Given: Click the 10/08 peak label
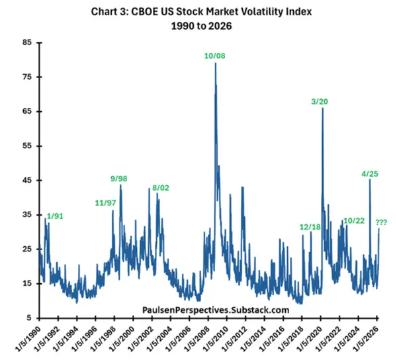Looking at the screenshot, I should click(x=215, y=56).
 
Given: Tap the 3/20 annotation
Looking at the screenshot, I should click(x=320, y=101).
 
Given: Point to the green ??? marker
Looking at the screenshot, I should click(x=381, y=222).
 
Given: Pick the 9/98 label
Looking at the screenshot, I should click(x=120, y=179).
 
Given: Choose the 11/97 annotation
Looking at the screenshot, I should click(x=105, y=203).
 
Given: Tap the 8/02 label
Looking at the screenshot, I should click(x=161, y=188).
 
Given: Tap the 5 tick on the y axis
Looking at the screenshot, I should click(x=29, y=318).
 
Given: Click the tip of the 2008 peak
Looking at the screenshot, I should click(x=215, y=63).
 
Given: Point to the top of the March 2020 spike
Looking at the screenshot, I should click(x=322, y=108).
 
